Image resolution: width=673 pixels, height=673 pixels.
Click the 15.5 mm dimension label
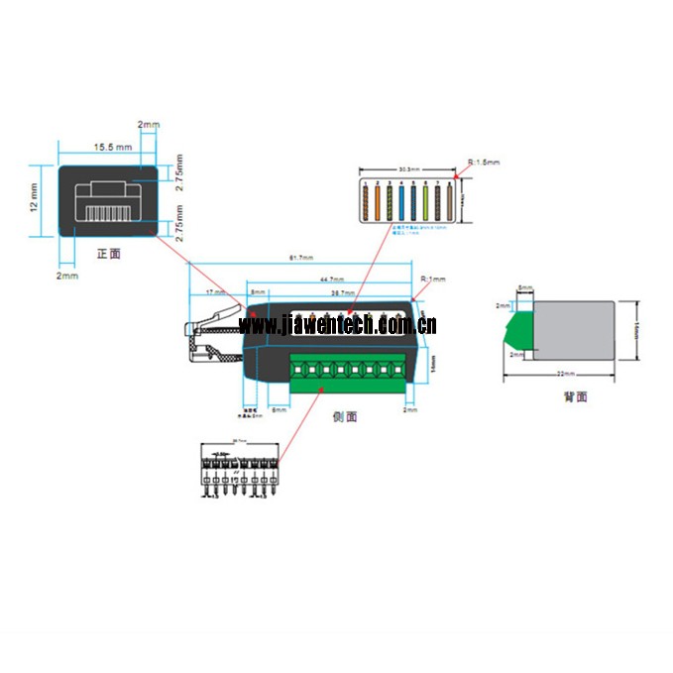click(x=112, y=147)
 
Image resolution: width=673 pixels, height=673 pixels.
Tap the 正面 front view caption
click(x=108, y=254)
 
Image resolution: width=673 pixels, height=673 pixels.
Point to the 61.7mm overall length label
click(x=299, y=260)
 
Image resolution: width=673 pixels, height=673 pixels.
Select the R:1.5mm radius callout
click(x=484, y=162)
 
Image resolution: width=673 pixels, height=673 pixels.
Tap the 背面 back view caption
click(x=574, y=396)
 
